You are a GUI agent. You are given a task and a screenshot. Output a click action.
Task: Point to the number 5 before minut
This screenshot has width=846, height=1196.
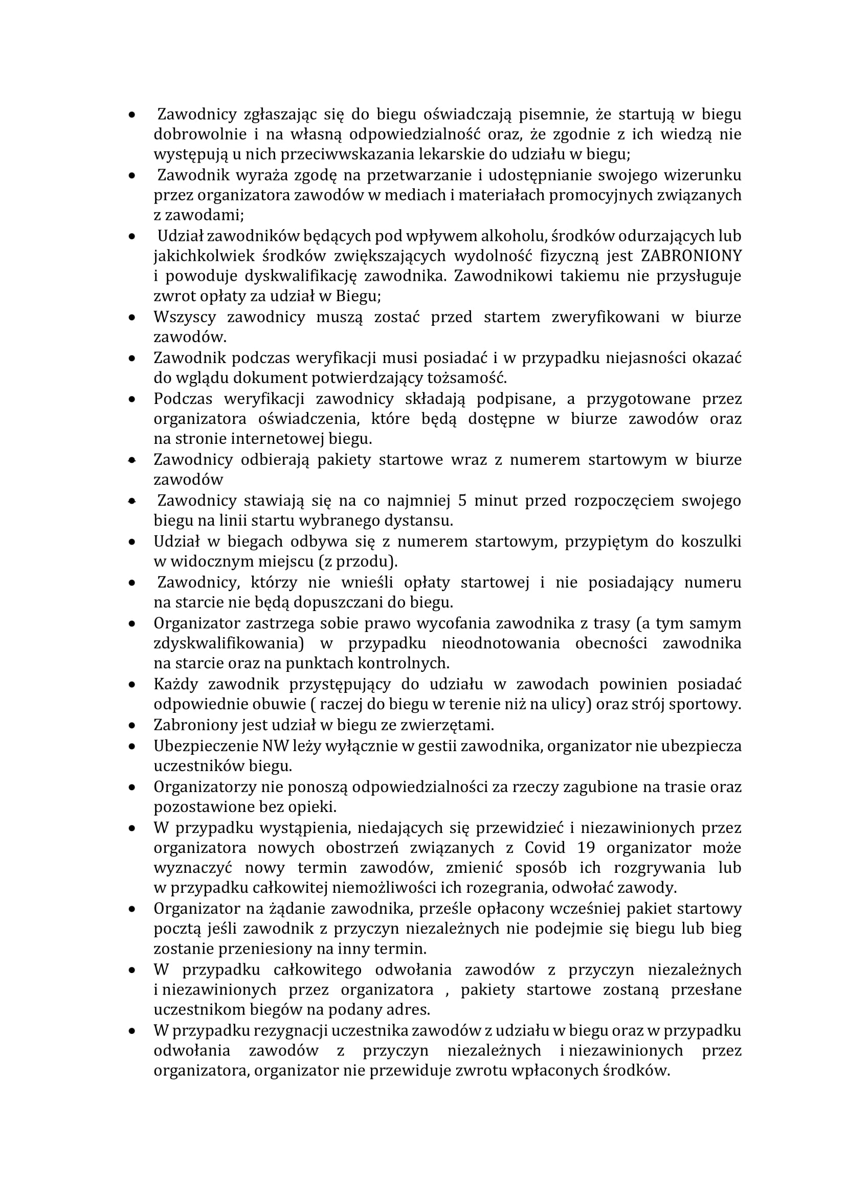tap(462, 501)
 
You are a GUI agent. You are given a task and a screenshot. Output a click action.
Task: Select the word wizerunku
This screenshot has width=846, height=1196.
tap(702, 174)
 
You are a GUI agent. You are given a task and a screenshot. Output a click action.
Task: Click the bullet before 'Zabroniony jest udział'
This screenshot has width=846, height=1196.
tap(133, 725)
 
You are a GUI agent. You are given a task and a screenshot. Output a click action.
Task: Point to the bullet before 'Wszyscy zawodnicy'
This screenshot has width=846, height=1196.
tap(133, 317)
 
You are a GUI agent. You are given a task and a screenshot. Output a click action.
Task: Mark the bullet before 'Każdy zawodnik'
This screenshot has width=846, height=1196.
tap(133, 684)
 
